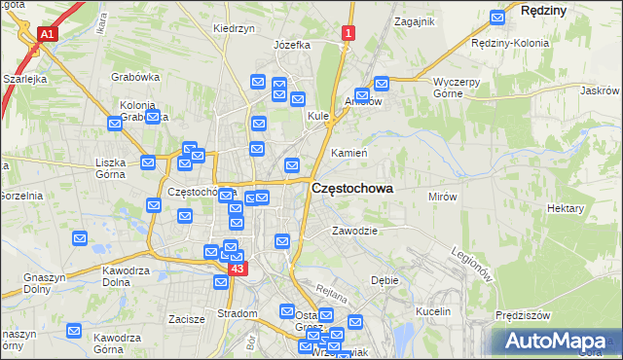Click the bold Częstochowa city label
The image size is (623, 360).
point(351,191)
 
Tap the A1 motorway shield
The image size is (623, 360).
point(46,34)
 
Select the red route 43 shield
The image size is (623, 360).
point(238,268)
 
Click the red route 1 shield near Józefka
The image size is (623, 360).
point(348,34)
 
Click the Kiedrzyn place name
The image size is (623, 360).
point(234,29)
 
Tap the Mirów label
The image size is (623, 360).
point(443,197)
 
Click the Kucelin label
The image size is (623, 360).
point(434,311)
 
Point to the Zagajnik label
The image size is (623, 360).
point(414,20)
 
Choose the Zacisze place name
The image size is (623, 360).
point(186,318)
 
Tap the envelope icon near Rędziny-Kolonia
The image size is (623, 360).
point(497,17)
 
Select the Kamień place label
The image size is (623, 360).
point(348,154)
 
